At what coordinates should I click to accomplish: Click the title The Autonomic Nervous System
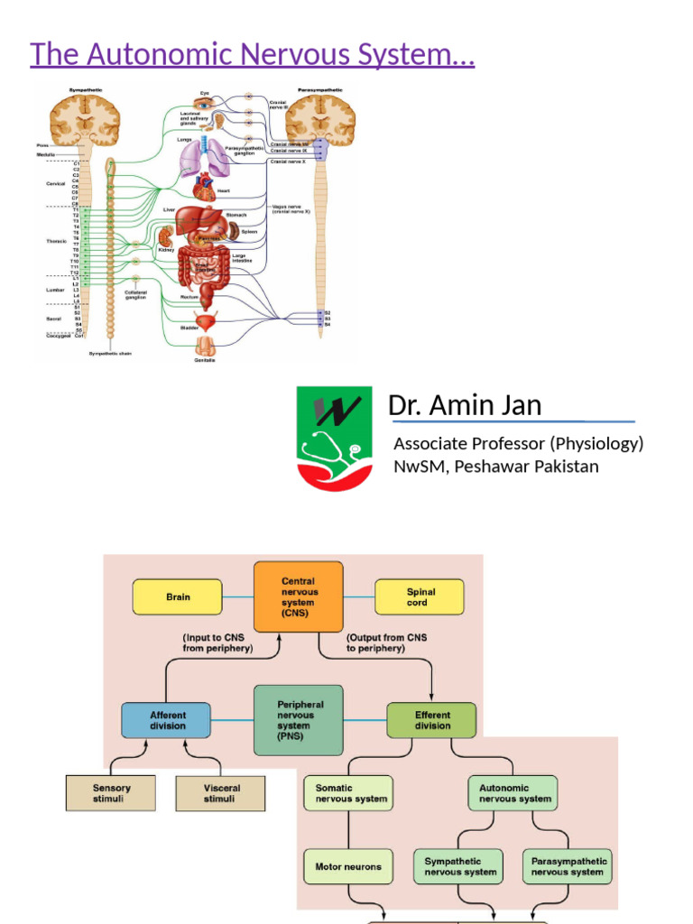[253, 54]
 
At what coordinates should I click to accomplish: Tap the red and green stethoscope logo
[334, 439]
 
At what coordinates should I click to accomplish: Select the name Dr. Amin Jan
[465, 406]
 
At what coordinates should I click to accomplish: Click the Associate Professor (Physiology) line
[518, 443]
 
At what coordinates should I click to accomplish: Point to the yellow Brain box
[178, 597]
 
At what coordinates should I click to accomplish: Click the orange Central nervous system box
[298, 596]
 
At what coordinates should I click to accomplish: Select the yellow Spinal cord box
[420, 597]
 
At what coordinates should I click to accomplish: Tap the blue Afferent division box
[167, 720]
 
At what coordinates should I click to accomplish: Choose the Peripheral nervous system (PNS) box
[299, 719]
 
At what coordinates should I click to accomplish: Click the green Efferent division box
[431, 720]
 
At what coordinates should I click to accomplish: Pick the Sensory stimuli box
[111, 793]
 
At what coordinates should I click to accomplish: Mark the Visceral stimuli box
[221, 793]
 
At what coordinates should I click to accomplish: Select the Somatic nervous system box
[348, 793]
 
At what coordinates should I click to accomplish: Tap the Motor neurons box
[348, 866]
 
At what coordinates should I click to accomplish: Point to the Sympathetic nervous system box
[460, 866]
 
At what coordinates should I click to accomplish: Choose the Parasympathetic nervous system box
[568, 866]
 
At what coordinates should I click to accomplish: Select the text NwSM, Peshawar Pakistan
[495, 467]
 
